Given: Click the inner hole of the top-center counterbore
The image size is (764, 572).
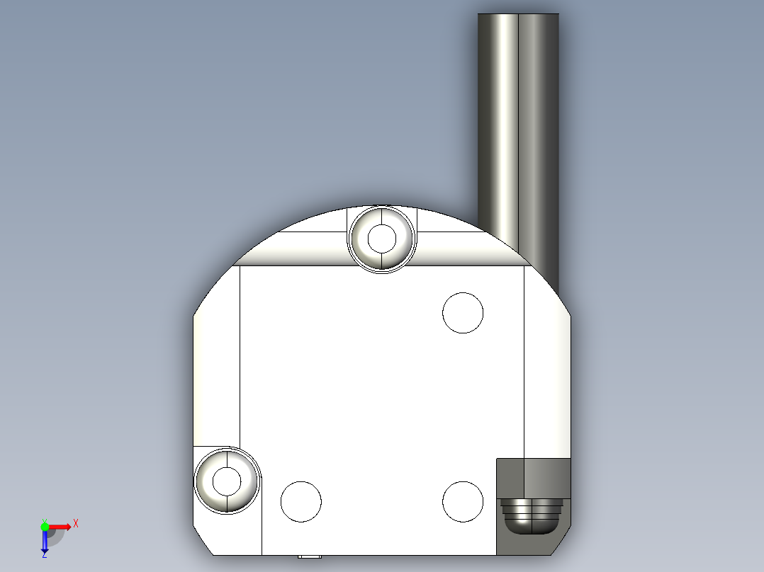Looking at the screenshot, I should pyautogui.click(x=382, y=238).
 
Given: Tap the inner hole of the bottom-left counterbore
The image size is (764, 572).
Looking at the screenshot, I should pyautogui.click(x=227, y=481).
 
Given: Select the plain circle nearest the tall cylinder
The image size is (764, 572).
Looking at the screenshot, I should pyautogui.click(x=463, y=312).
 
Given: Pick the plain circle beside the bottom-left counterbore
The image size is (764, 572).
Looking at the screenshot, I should pyautogui.click(x=301, y=501).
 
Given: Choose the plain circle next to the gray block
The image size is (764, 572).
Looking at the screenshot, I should pyautogui.click(x=463, y=501).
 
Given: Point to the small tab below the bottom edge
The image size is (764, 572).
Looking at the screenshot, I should pyautogui.click(x=309, y=556).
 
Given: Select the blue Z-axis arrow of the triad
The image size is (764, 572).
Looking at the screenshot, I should pyautogui.click(x=45, y=542).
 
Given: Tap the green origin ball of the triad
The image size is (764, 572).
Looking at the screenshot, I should pyautogui.click(x=45, y=526).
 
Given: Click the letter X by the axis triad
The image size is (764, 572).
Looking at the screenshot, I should pyautogui.click(x=76, y=524).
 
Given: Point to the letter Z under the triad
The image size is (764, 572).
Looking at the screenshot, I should pyautogui.click(x=45, y=555).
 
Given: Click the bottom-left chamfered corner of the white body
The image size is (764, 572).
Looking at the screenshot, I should pyautogui.click(x=203, y=542).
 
